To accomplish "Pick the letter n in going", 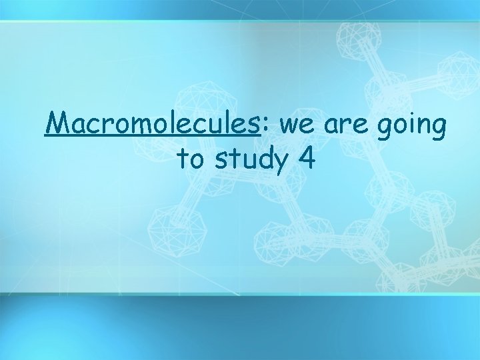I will (422, 127).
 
